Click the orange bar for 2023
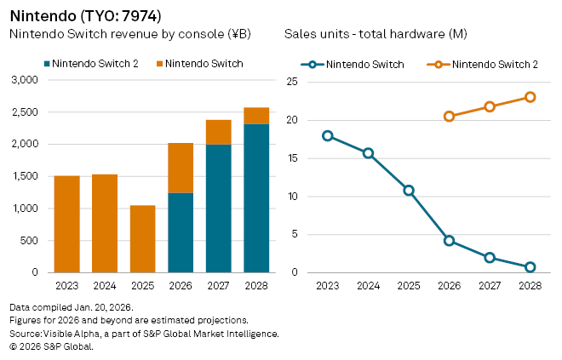point(66,224)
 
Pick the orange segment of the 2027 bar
point(218,132)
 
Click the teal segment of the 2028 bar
point(256,198)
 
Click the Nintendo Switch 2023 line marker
point(328,136)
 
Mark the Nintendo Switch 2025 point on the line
point(409,191)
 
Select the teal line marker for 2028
point(530,267)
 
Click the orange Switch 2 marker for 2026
point(449,117)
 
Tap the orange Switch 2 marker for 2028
point(530,97)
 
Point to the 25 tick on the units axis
point(291,82)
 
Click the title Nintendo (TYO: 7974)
point(85,16)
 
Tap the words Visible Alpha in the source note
point(65,334)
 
